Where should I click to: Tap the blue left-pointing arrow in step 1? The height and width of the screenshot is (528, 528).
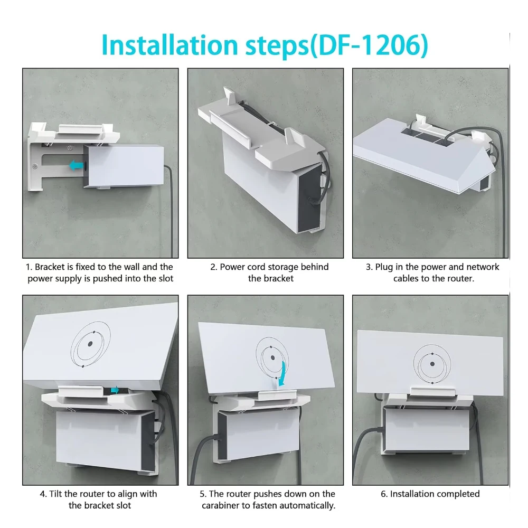pos(77,165)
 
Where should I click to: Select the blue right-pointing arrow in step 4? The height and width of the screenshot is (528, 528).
pos(115,390)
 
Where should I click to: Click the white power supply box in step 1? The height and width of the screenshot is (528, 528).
pos(124,166)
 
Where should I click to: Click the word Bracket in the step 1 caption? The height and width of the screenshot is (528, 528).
pos(50,267)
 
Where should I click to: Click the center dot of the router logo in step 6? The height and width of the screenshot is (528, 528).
pos(432,364)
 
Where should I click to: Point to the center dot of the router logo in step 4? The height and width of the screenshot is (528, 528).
pos(90,344)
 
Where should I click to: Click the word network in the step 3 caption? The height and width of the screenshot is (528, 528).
pos(483,267)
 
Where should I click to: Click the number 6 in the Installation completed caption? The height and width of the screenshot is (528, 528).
pos(384,494)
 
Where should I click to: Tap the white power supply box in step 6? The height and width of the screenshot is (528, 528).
pos(427,430)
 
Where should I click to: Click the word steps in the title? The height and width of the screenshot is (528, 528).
pos(277,46)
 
